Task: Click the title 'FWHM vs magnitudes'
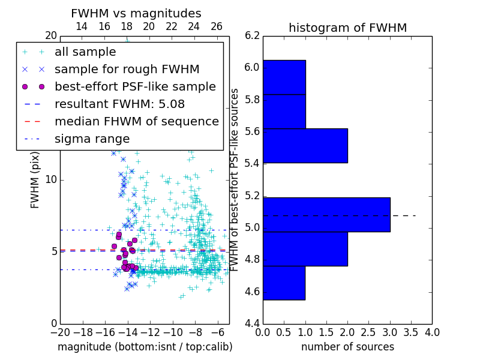pyautogui.click(x=136, y=13)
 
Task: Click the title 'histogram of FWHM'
pyautogui.click(x=347, y=28)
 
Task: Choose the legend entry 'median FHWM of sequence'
pyautogui.click(x=136, y=121)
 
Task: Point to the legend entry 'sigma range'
pyautogui.click(x=92, y=139)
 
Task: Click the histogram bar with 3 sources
pyautogui.click(x=326, y=214)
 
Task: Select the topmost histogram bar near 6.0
pyautogui.click(x=284, y=77)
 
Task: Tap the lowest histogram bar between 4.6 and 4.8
pyautogui.click(x=284, y=283)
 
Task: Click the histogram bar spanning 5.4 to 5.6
pyautogui.click(x=305, y=145)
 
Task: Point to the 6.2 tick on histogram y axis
pyautogui.click(x=252, y=35)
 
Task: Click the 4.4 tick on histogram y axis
pyautogui.click(x=252, y=324)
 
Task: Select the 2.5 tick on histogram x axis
pyautogui.click(x=368, y=332)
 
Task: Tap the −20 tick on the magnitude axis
pyautogui.click(x=60, y=332)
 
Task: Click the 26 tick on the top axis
pyautogui.click(x=217, y=26)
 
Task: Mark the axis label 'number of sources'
pyautogui.click(x=347, y=347)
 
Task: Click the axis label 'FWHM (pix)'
pyautogui.click(x=35, y=179)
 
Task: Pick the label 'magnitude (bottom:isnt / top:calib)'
pyautogui.click(x=145, y=347)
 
